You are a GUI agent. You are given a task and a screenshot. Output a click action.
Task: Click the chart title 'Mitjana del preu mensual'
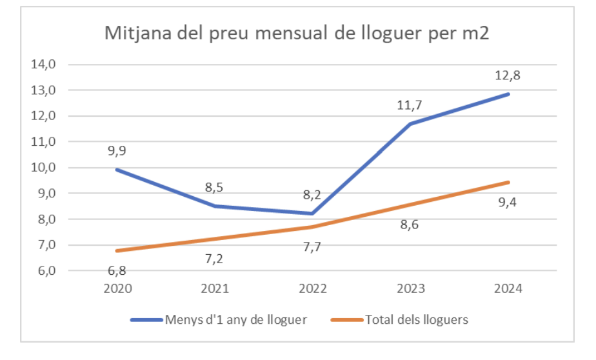click(297, 34)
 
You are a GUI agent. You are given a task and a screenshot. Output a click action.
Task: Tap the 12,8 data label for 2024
click(508, 75)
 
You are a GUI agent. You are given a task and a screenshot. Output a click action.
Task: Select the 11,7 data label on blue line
click(410, 105)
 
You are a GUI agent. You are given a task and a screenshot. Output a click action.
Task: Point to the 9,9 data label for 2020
click(117, 152)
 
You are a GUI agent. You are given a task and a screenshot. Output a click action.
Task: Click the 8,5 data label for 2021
click(215, 188)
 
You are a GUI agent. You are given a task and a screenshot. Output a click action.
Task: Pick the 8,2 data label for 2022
click(312, 195)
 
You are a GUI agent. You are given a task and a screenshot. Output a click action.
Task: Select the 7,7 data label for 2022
click(312, 246)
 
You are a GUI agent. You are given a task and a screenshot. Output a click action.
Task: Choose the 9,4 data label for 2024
click(508, 201)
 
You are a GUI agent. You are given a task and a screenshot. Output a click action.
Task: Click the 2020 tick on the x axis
click(117, 288)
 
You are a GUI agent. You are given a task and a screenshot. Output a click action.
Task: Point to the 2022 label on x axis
click(312, 288)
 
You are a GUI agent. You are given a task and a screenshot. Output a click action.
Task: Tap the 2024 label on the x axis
click(508, 288)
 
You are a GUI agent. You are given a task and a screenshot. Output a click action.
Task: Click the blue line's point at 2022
click(312, 214)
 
